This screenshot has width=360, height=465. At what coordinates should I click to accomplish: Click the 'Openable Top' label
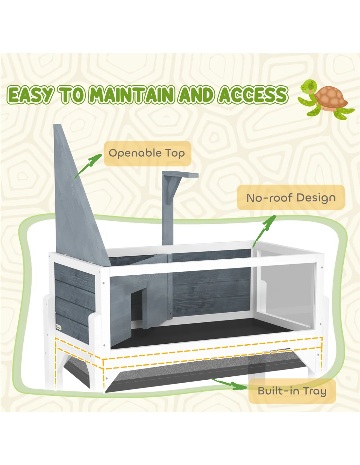coord(147,153)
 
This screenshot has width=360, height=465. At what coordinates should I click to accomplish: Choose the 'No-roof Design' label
coord(291,198)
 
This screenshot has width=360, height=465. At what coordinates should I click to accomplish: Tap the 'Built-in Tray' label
coord(292,391)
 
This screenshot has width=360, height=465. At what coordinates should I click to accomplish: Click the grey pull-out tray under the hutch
coord(183,374)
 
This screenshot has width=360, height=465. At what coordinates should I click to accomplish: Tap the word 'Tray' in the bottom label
coord(315,391)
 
